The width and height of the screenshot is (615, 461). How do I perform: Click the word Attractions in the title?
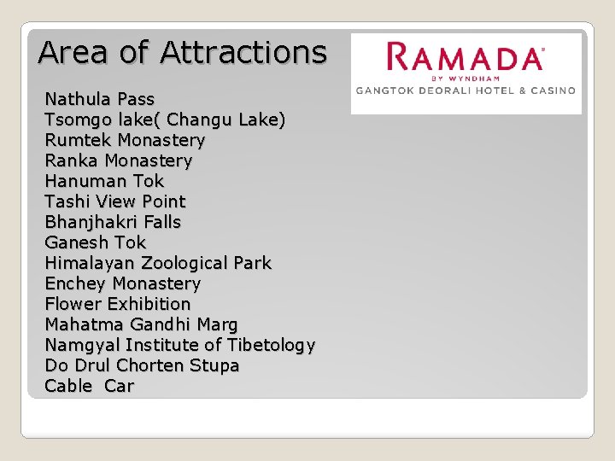[x=243, y=53]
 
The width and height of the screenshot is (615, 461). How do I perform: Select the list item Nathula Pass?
[x=99, y=99]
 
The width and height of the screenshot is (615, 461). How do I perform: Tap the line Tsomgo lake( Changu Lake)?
[x=165, y=120]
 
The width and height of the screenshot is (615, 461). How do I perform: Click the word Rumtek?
[x=79, y=140]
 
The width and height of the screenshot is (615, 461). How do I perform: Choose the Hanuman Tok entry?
[x=104, y=181]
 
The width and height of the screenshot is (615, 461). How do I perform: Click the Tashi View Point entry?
[x=114, y=201]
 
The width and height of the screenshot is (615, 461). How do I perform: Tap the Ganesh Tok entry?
[x=95, y=242]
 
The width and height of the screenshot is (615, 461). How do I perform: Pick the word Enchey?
[x=76, y=283]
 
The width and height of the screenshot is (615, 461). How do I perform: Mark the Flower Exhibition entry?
[x=117, y=304]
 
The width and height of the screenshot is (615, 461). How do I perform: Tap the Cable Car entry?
[x=89, y=386]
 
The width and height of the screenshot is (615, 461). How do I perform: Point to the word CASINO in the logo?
[x=553, y=90]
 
